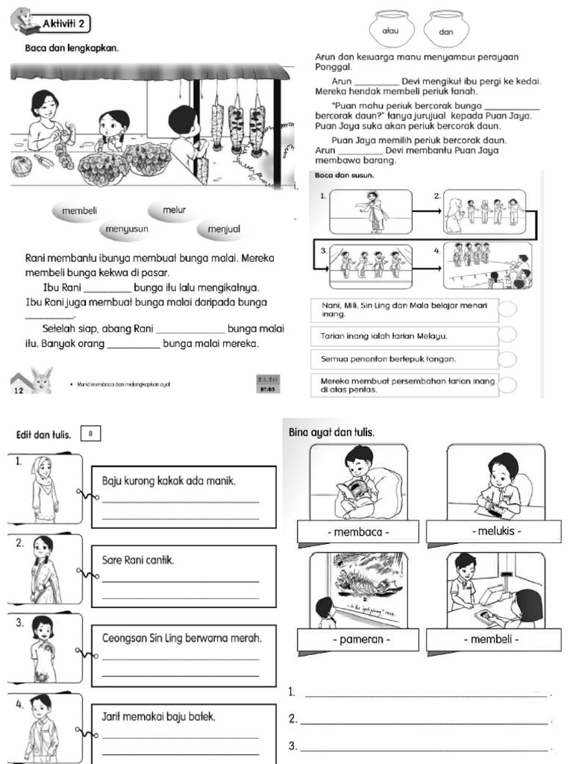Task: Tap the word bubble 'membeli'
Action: click(79, 211)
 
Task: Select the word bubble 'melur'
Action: click(173, 211)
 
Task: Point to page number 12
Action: click(18, 389)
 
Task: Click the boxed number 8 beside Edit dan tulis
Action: click(90, 433)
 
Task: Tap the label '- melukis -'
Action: click(496, 531)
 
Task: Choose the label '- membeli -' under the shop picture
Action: click(496, 640)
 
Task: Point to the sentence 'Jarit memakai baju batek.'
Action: click(158, 716)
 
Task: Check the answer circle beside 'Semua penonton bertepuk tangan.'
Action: click(507, 360)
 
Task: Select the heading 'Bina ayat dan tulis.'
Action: click(331, 433)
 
